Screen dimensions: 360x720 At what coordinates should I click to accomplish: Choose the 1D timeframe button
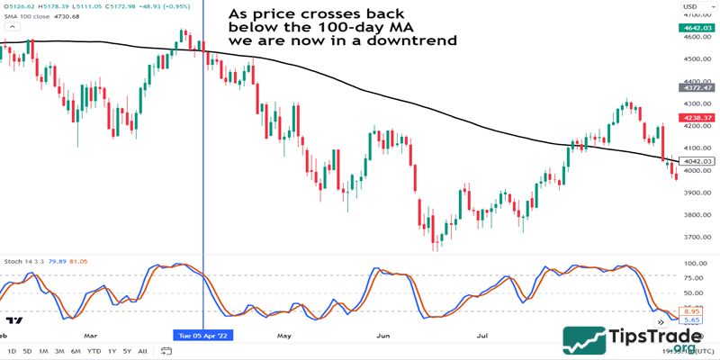pos(12,351)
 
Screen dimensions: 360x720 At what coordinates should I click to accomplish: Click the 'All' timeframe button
pos(143,351)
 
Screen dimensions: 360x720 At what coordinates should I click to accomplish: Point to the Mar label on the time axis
pos(90,336)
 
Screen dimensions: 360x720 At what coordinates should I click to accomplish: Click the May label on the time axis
pos(285,336)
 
